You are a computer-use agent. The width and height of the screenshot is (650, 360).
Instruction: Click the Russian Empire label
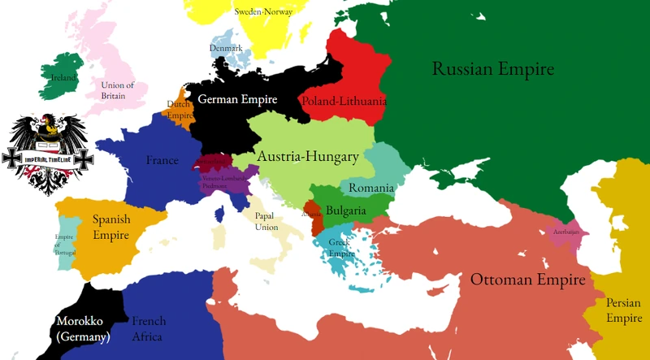(x=492, y=69)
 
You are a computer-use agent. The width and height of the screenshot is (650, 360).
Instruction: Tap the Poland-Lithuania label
(x=344, y=102)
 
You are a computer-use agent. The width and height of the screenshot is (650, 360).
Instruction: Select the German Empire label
(x=238, y=100)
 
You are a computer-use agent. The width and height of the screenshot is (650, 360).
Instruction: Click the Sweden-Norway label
(x=262, y=12)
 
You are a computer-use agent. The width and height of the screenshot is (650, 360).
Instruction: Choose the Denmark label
(x=227, y=48)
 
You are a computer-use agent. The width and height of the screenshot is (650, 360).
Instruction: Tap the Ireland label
(x=63, y=78)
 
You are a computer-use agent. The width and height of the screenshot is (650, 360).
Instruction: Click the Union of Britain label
(x=118, y=90)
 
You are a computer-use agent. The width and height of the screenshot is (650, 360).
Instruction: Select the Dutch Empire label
(x=180, y=110)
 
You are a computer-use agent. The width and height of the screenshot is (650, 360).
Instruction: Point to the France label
(x=162, y=161)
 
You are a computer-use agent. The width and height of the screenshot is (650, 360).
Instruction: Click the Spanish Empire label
(x=111, y=227)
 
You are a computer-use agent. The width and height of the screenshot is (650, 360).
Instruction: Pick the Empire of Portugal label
(x=64, y=243)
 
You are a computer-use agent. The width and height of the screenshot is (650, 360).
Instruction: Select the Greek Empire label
(x=342, y=246)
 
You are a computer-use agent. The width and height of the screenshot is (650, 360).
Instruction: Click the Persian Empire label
(x=624, y=310)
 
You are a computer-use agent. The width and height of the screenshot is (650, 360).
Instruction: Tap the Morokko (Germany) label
(x=82, y=328)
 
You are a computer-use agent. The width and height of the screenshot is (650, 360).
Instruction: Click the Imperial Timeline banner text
(x=48, y=158)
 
